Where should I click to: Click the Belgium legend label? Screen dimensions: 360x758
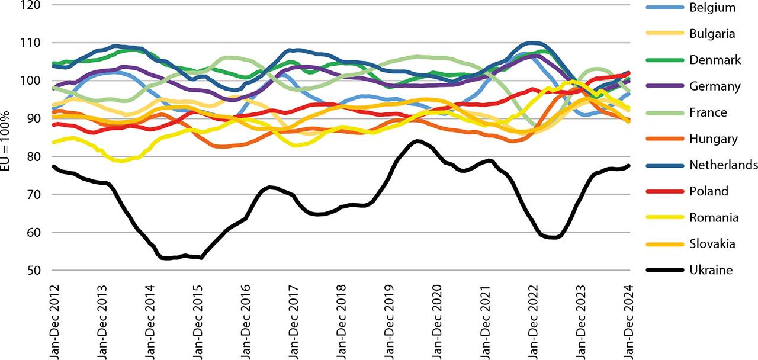pos(712,8)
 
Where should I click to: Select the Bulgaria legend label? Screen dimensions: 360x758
pos(712,34)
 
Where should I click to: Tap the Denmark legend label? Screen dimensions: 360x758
pos(715,60)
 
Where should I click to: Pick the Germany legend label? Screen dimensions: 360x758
pos(715,86)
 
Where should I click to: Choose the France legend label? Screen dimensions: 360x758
pos(708,112)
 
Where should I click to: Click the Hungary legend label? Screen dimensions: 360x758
pos(713,139)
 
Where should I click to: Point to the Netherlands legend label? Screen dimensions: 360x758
pos(723,165)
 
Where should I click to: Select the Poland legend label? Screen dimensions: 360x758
pos(709,191)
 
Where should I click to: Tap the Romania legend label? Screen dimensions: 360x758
pos(714,217)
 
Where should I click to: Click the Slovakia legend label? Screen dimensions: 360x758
pos(712,243)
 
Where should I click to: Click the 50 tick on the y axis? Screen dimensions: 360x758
pos(34,271)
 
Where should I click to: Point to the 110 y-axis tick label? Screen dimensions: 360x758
pos(31,43)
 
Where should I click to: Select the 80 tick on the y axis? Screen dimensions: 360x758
pos(34,157)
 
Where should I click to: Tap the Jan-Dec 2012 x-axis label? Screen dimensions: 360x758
pos(53,320)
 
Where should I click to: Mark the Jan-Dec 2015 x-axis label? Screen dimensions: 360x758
pos(198,320)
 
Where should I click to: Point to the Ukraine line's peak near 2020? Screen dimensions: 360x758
pos(417,141)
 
